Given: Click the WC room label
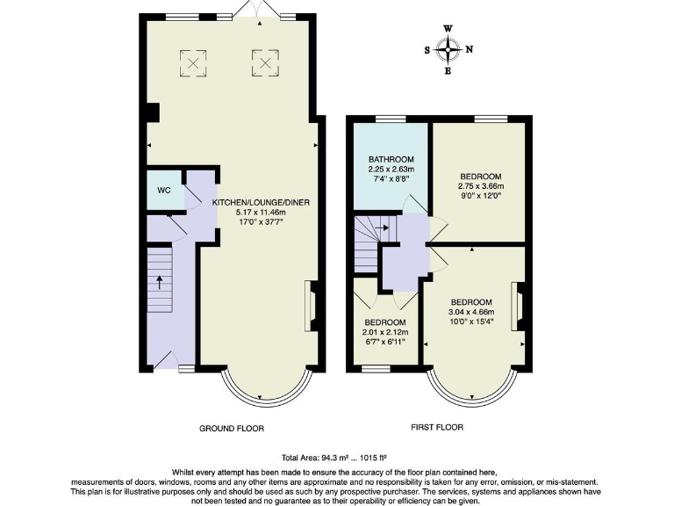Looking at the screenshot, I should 163,191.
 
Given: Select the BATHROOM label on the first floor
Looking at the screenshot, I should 391,160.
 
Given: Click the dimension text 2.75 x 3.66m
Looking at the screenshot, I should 480,186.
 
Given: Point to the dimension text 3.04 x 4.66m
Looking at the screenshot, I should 471,311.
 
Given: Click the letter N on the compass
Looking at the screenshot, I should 469,49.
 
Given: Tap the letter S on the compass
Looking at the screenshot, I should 427,50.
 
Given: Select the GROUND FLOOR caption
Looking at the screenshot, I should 231,429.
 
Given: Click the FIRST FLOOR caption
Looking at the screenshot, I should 437,428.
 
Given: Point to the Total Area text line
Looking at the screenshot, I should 334,458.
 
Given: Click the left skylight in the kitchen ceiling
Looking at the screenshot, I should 192,61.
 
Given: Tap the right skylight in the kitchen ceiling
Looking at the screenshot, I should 264,61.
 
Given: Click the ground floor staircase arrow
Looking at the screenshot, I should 160,283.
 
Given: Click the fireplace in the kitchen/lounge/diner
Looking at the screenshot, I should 311,303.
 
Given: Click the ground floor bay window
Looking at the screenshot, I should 266,390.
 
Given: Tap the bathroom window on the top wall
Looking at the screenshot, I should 391,118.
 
